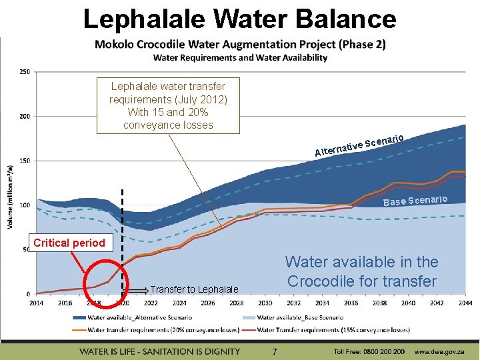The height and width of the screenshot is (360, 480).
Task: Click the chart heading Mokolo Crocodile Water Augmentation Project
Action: (x=239, y=45)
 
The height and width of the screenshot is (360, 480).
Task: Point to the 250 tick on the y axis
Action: (x=24, y=72)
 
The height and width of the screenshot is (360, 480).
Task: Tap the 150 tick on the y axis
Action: (x=24, y=161)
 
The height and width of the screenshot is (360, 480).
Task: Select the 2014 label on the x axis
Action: (x=36, y=303)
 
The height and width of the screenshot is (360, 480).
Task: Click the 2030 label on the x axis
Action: (x=265, y=303)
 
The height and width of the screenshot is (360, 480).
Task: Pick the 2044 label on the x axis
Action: (x=465, y=303)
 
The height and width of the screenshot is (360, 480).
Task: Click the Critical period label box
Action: (x=69, y=243)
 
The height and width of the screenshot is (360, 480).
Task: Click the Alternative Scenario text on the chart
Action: (x=359, y=145)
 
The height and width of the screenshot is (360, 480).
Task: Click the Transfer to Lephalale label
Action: (x=194, y=289)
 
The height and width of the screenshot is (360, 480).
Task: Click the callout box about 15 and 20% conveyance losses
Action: (x=168, y=105)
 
